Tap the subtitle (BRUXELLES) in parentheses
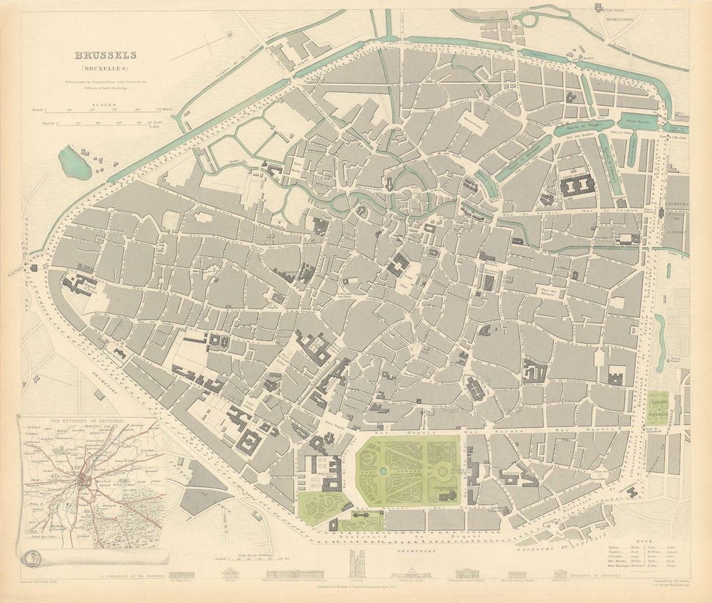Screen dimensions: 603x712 click(107, 69)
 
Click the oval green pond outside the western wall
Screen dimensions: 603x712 click(75, 162)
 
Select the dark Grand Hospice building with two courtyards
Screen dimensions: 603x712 click(577, 186)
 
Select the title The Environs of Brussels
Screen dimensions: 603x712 click(87, 421)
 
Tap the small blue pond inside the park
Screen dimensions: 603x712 click(384, 471)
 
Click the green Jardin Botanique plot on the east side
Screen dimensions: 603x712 click(656, 407)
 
